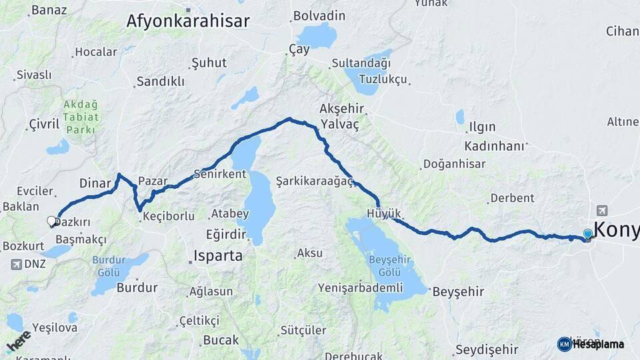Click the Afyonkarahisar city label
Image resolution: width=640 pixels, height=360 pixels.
188,21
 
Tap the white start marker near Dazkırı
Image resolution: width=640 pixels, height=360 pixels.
51,221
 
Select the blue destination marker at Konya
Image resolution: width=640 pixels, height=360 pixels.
587,235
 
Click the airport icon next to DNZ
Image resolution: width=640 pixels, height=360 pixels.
16,264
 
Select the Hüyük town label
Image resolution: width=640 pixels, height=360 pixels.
383,213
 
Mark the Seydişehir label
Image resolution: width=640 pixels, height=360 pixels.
486,349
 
